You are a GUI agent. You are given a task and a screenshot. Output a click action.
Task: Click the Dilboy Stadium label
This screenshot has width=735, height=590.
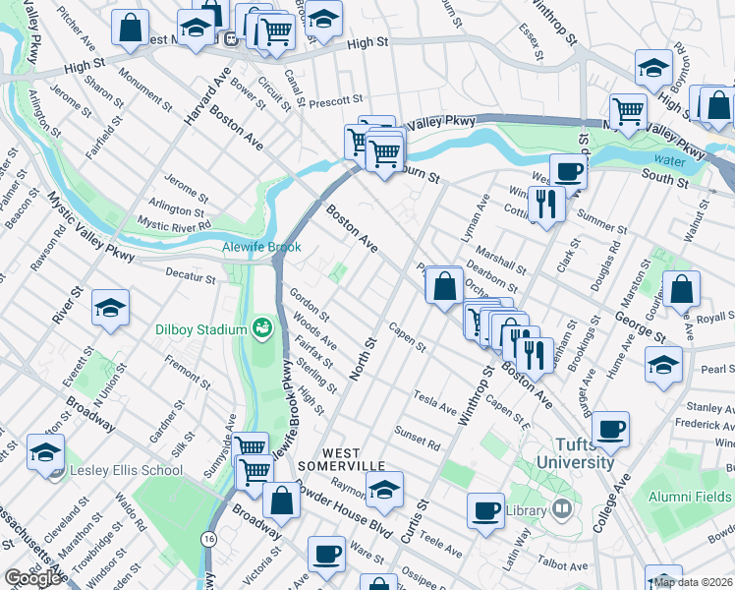pos(200,328)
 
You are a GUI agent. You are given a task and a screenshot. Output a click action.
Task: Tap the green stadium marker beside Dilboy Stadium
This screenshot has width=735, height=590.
pos(261,326)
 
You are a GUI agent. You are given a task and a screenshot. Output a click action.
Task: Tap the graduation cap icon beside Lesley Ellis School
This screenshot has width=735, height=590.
pos(45,453)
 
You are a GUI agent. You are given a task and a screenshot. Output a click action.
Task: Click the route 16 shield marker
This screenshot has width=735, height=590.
pos(208,539)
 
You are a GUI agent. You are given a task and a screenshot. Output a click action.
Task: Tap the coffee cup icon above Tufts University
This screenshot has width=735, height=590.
pos(610,429)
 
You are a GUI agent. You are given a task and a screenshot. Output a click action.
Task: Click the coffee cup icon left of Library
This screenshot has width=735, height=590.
pos(485,510)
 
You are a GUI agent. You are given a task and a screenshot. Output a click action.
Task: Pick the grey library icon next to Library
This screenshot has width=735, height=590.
pos(561,509)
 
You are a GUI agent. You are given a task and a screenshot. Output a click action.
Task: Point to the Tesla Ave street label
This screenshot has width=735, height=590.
pos(435,402)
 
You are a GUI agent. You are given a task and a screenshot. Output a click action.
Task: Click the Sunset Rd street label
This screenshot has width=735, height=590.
pos(417,436)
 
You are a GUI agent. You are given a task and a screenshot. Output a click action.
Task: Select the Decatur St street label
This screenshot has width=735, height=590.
pos(190,276)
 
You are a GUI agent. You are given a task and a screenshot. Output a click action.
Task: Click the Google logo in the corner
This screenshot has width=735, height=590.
pos(32,578)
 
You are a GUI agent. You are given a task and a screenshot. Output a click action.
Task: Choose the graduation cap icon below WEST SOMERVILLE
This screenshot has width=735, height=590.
pos(384,489)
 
